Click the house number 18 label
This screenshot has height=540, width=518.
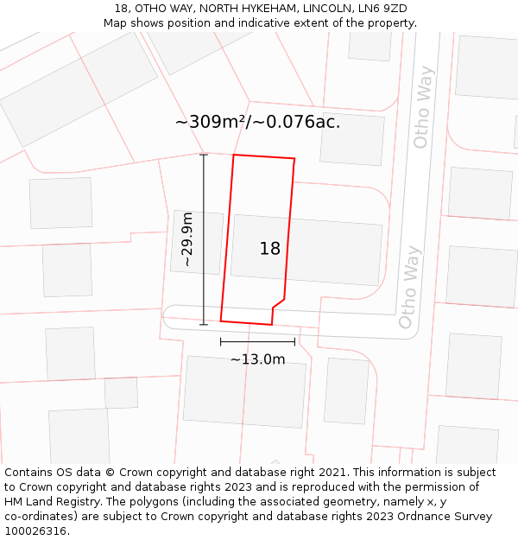click(x=270, y=249)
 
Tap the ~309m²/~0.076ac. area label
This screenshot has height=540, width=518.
click(x=257, y=122)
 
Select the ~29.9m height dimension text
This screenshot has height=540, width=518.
click(x=187, y=239)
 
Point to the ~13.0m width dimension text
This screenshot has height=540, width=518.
click(x=257, y=359)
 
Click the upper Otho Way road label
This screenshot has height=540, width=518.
click(x=423, y=107)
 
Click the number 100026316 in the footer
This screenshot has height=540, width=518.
click(x=35, y=531)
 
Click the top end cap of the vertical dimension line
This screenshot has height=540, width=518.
click(x=204, y=155)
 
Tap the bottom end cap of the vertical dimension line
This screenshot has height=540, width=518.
click(x=204, y=325)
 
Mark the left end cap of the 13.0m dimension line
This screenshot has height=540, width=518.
click(x=221, y=342)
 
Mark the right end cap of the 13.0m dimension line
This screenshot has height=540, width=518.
click(x=294, y=342)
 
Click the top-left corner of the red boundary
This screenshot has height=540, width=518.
click(x=234, y=156)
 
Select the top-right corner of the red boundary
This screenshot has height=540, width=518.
click(x=294, y=159)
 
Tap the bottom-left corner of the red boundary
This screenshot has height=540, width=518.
click(x=221, y=321)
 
